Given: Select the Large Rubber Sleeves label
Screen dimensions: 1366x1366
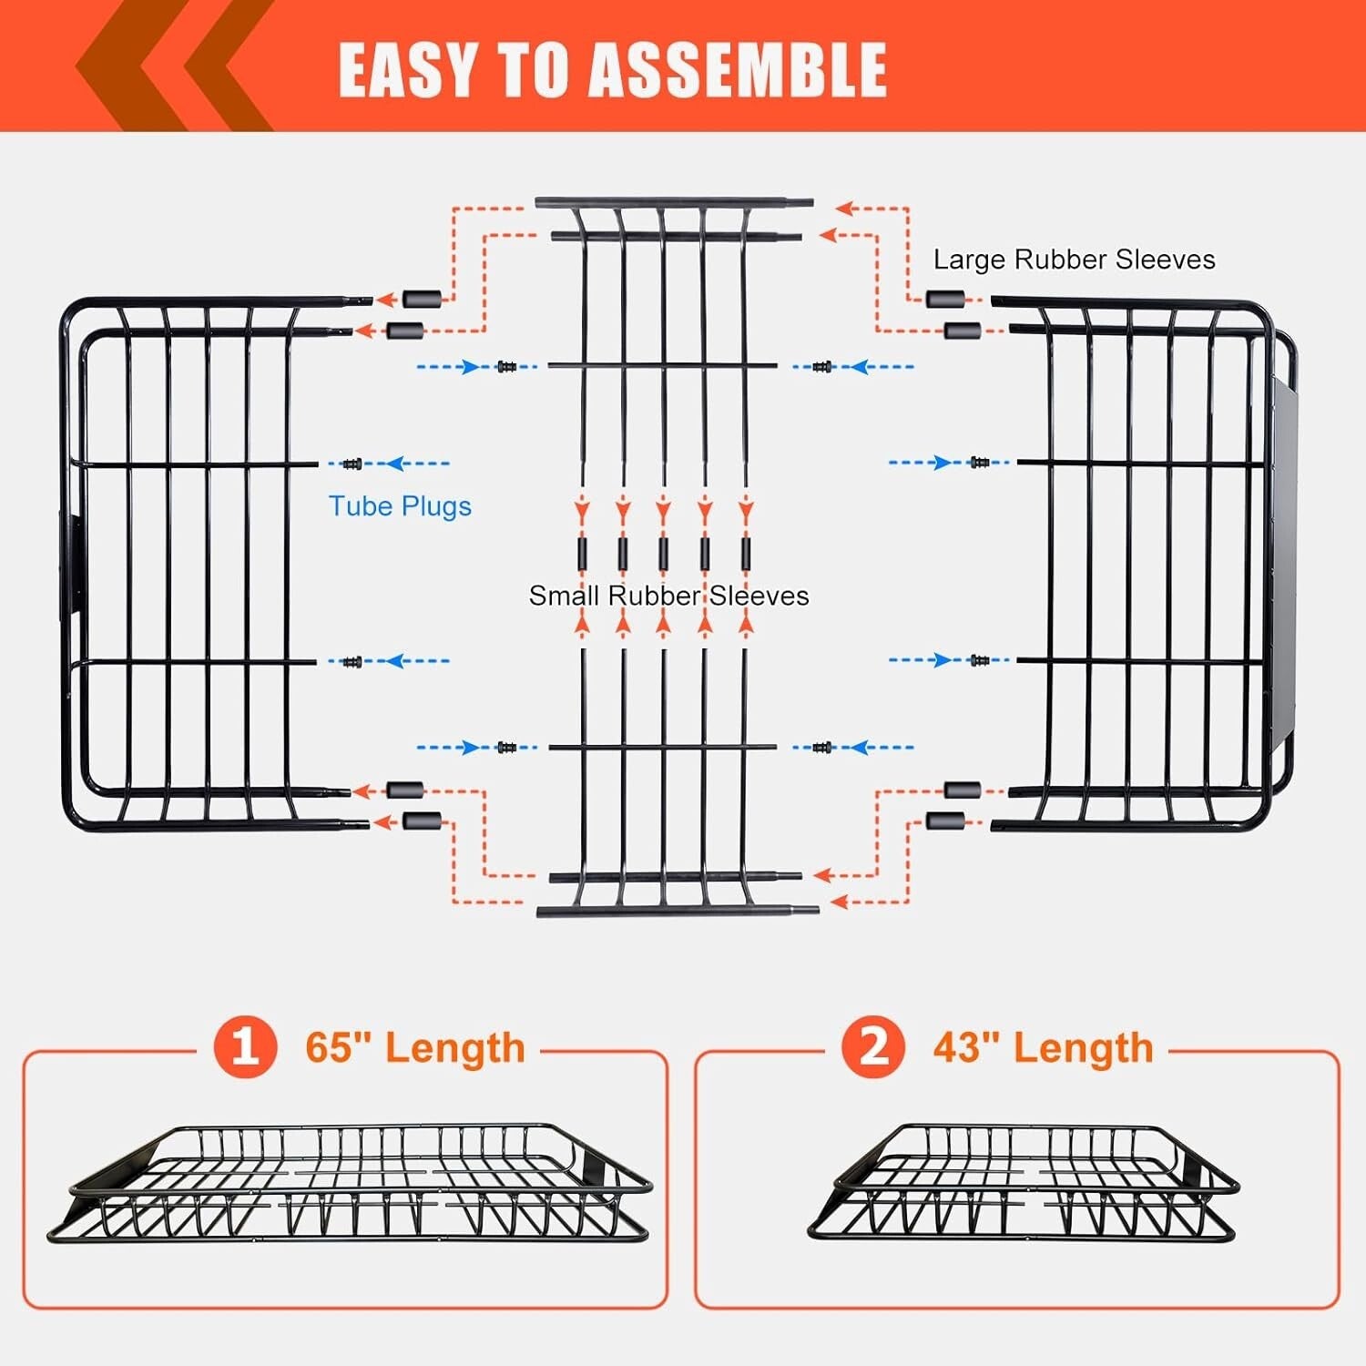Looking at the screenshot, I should (x=1074, y=260).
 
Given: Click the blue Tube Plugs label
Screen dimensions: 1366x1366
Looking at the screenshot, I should (x=400, y=506).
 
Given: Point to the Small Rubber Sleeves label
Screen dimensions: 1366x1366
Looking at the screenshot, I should (x=668, y=596).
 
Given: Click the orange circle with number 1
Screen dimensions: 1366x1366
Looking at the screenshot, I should (x=244, y=1047).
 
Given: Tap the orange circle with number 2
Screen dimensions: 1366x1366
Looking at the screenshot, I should (x=872, y=1047).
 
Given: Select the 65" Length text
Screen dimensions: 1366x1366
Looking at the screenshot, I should (x=415, y=1047).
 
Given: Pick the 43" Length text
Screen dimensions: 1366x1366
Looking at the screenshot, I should (x=1043, y=1047).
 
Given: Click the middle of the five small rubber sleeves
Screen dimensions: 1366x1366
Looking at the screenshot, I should (x=664, y=553).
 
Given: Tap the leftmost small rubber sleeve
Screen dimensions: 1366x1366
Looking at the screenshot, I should (x=582, y=553).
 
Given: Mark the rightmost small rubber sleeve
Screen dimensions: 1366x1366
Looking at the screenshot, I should (x=746, y=553).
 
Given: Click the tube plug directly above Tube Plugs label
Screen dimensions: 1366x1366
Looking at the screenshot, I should (x=352, y=464).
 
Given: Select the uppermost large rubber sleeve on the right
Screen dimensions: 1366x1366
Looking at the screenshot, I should (x=944, y=299).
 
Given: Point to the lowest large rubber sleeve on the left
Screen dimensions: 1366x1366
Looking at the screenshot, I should (x=421, y=821).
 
